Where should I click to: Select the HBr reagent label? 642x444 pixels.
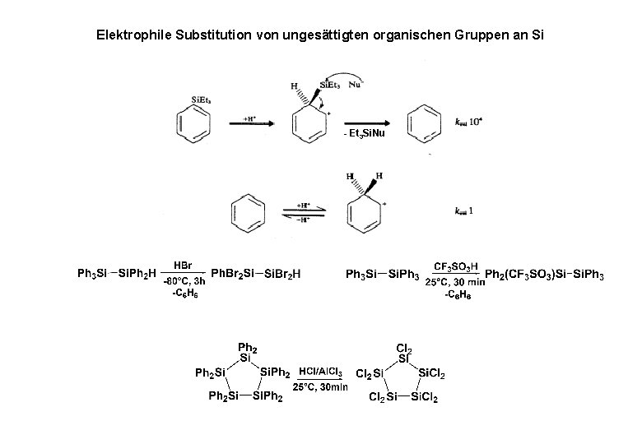coord(183,266)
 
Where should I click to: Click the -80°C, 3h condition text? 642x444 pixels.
coord(184,281)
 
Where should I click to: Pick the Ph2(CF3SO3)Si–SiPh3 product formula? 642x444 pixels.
coord(545,274)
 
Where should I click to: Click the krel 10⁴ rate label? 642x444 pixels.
coord(470,121)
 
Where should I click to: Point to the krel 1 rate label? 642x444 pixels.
coord(464,210)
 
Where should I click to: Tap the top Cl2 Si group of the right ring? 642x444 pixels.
coord(404,351)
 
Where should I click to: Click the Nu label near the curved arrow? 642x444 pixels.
coord(354,83)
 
